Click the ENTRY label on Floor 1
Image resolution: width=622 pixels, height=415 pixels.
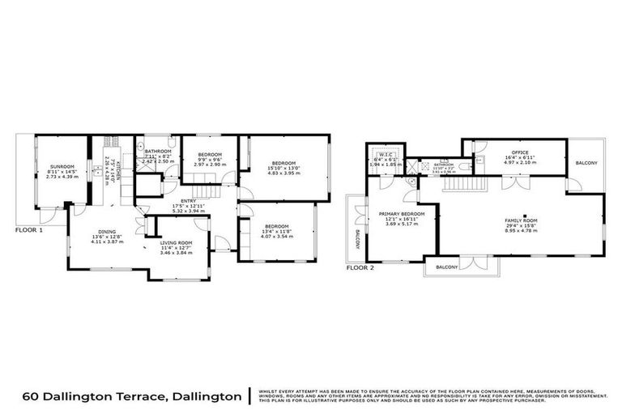pyautogui.click(x=188, y=200)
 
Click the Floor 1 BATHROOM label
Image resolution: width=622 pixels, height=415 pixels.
pyautogui.click(x=158, y=152)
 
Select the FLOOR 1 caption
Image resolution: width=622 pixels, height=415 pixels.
pyautogui.click(x=28, y=229)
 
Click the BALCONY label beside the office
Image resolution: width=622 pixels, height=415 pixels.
pyautogui.click(x=586, y=163)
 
